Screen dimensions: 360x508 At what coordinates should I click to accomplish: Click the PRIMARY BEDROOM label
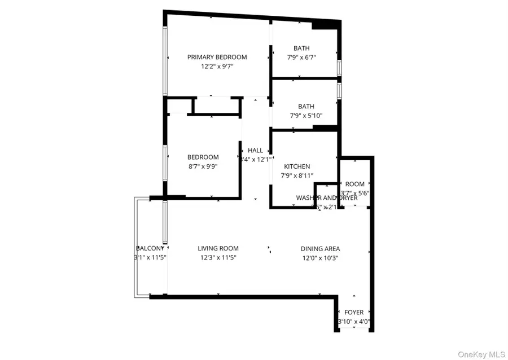click(x=217, y=57)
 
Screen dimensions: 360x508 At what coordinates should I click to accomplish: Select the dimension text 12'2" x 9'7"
click(x=217, y=66)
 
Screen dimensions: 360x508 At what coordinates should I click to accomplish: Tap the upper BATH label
click(x=301, y=48)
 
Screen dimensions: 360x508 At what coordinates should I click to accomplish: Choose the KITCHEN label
click(x=297, y=166)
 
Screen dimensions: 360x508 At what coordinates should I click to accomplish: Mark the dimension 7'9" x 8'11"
click(x=297, y=175)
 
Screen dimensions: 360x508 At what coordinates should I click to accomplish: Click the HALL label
click(x=256, y=151)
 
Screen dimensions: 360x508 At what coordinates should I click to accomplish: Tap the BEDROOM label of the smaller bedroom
click(x=203, y=157)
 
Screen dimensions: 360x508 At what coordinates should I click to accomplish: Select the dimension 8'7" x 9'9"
click(x=203, y=166)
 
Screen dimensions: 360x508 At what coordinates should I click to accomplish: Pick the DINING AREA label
click(x=320, y=248)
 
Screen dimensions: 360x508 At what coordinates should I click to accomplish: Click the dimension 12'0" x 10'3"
click(x=320, y=257)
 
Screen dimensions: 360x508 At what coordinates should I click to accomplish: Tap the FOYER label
click(x=354, y=312)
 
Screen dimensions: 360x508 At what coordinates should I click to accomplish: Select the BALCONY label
click(x=150, y=248)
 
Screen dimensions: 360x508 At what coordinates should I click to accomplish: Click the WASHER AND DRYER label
click(x=327, y=198)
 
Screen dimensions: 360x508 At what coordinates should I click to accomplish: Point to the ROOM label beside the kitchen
click(x=355, y=184)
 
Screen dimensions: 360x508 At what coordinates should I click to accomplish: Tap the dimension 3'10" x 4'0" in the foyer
click(x=354, y=321)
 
